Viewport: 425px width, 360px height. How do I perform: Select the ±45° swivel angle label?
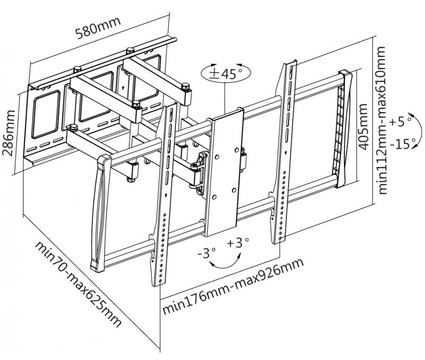[x=224, y=74]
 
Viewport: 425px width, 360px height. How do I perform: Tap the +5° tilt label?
[x=401, y=122]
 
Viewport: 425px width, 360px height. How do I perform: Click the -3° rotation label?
[x=206, y=253]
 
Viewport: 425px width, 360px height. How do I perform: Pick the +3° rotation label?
[x=237, y=244]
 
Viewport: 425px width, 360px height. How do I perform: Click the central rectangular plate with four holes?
[x=225, y=173]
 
